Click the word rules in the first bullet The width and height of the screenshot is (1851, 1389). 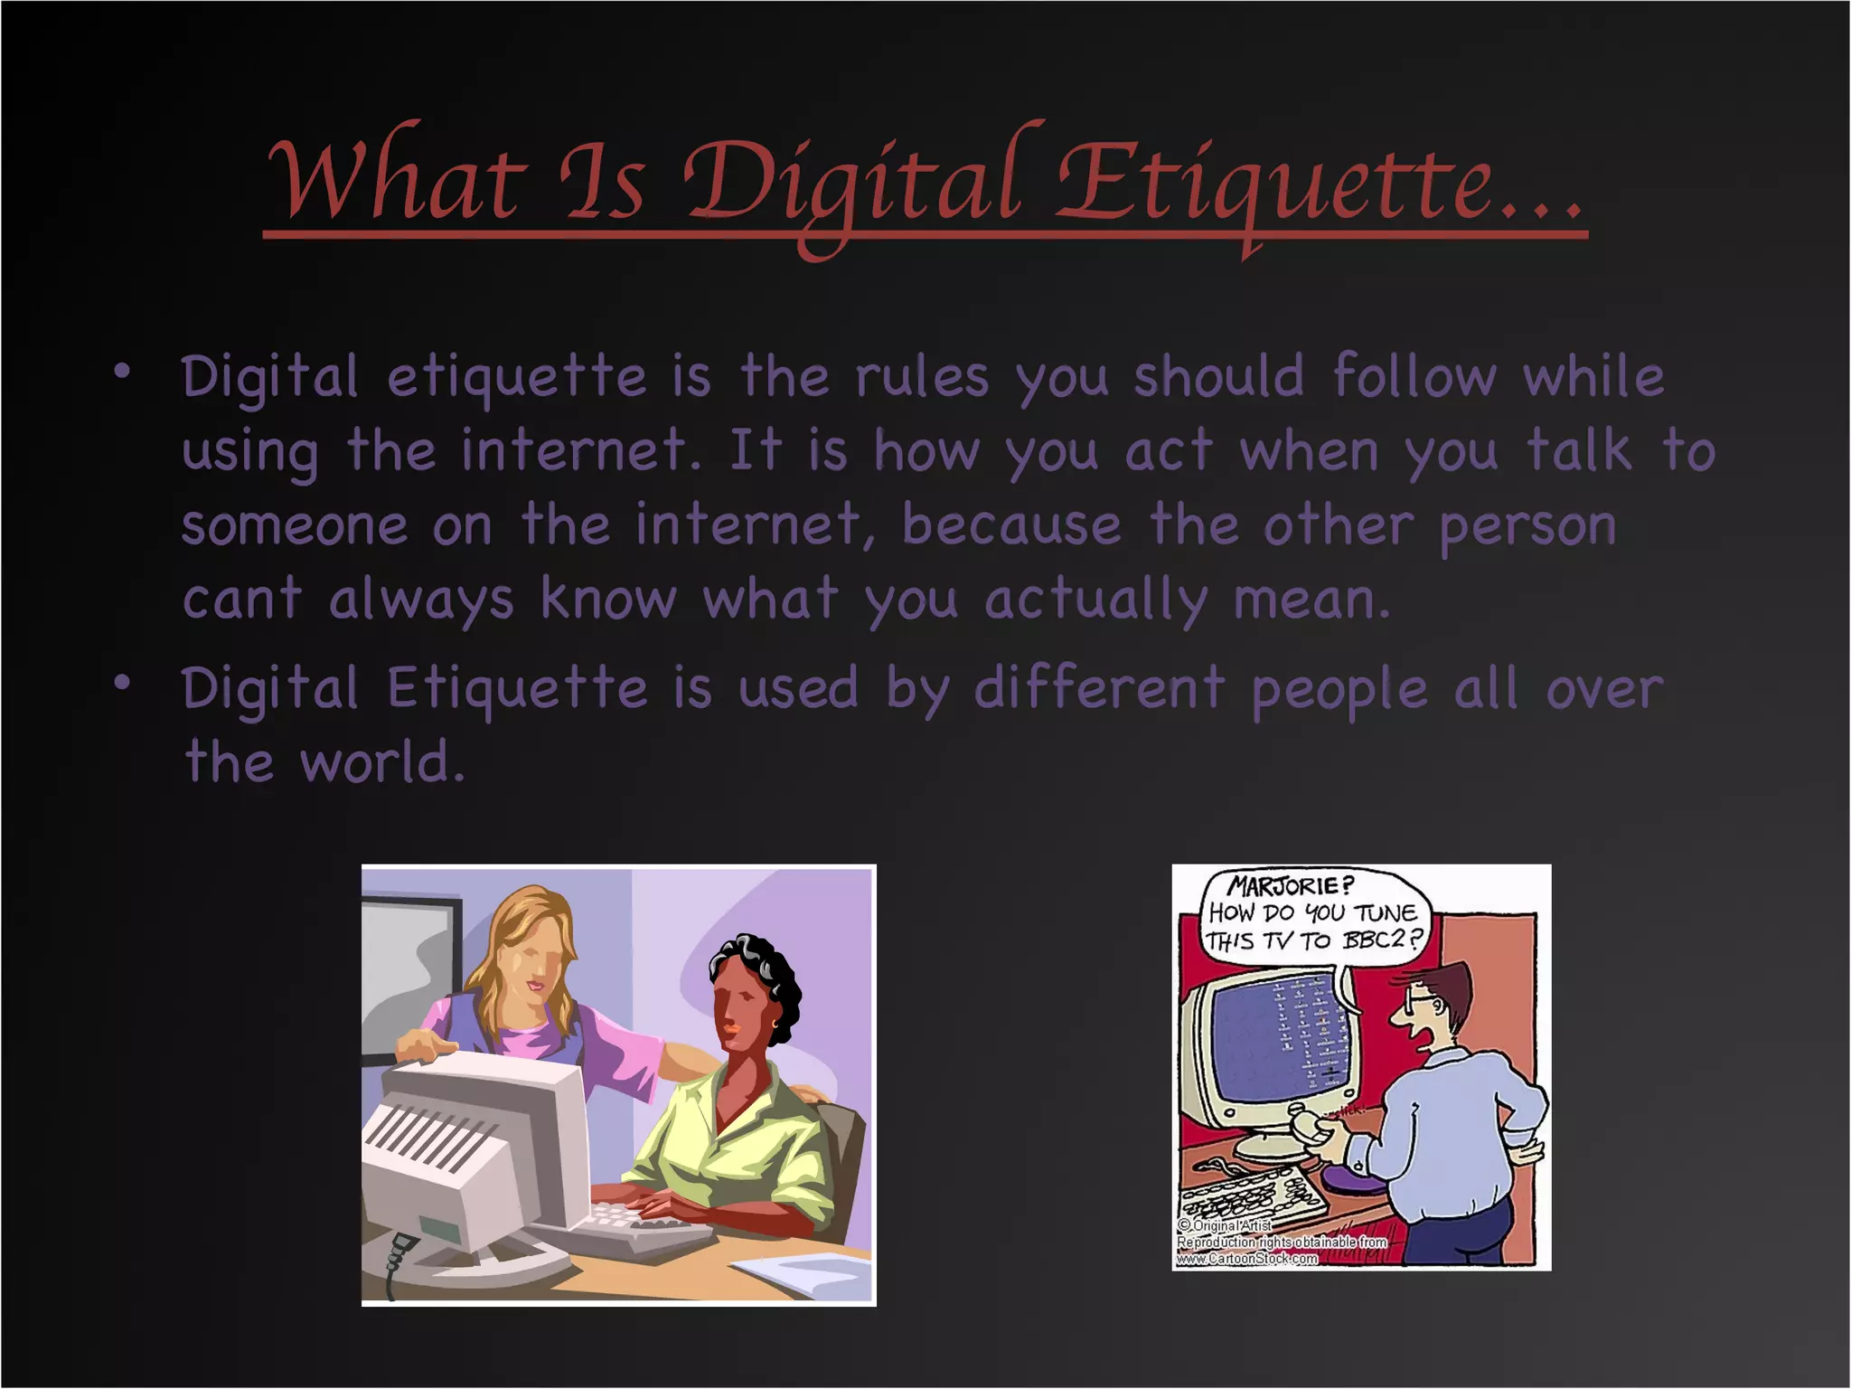pyautogui.click(x=921, y=377)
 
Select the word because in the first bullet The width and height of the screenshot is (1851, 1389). pyautogui.click(x=1010, y=525)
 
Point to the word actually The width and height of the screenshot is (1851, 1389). pyautogui.click(x=1095, y=600)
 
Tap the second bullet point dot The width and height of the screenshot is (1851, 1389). pyautogui.click(x=122, y=684)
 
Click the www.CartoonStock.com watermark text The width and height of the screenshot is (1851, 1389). pyautogui.click(x=1247, y=1258)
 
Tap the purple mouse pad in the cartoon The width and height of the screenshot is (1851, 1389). pyautogui.click(x=1356, y=1179)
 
